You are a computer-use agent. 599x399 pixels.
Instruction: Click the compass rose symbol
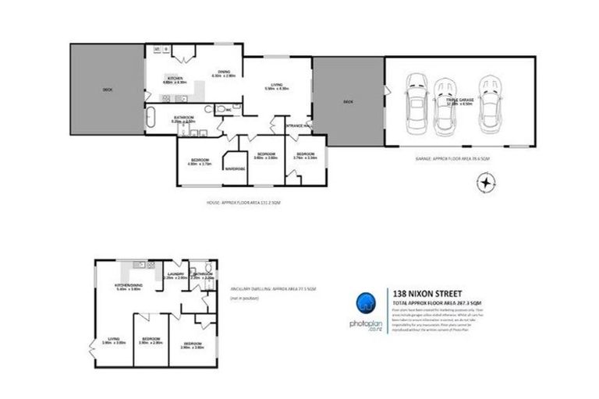tap(486, 183)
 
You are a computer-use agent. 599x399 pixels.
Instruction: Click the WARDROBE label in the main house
tap(235, 168)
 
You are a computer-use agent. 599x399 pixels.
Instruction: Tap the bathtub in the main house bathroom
tap(151, 118)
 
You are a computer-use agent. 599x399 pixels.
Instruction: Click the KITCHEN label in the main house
tap(173, 77)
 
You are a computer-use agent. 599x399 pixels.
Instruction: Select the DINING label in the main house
tap(225, 71)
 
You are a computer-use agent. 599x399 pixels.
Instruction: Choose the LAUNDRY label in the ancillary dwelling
tap(176, 274)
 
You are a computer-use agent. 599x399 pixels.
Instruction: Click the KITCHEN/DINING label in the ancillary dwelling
tap(128, 284)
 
